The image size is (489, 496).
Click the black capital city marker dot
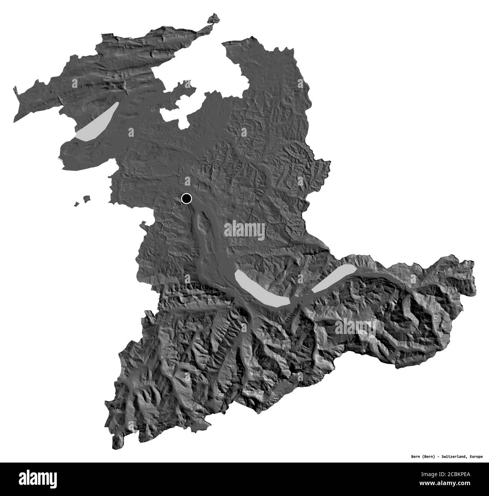click(186, 198)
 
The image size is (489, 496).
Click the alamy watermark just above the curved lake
click(244, 230)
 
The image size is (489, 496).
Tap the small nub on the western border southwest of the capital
click(143, 225)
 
